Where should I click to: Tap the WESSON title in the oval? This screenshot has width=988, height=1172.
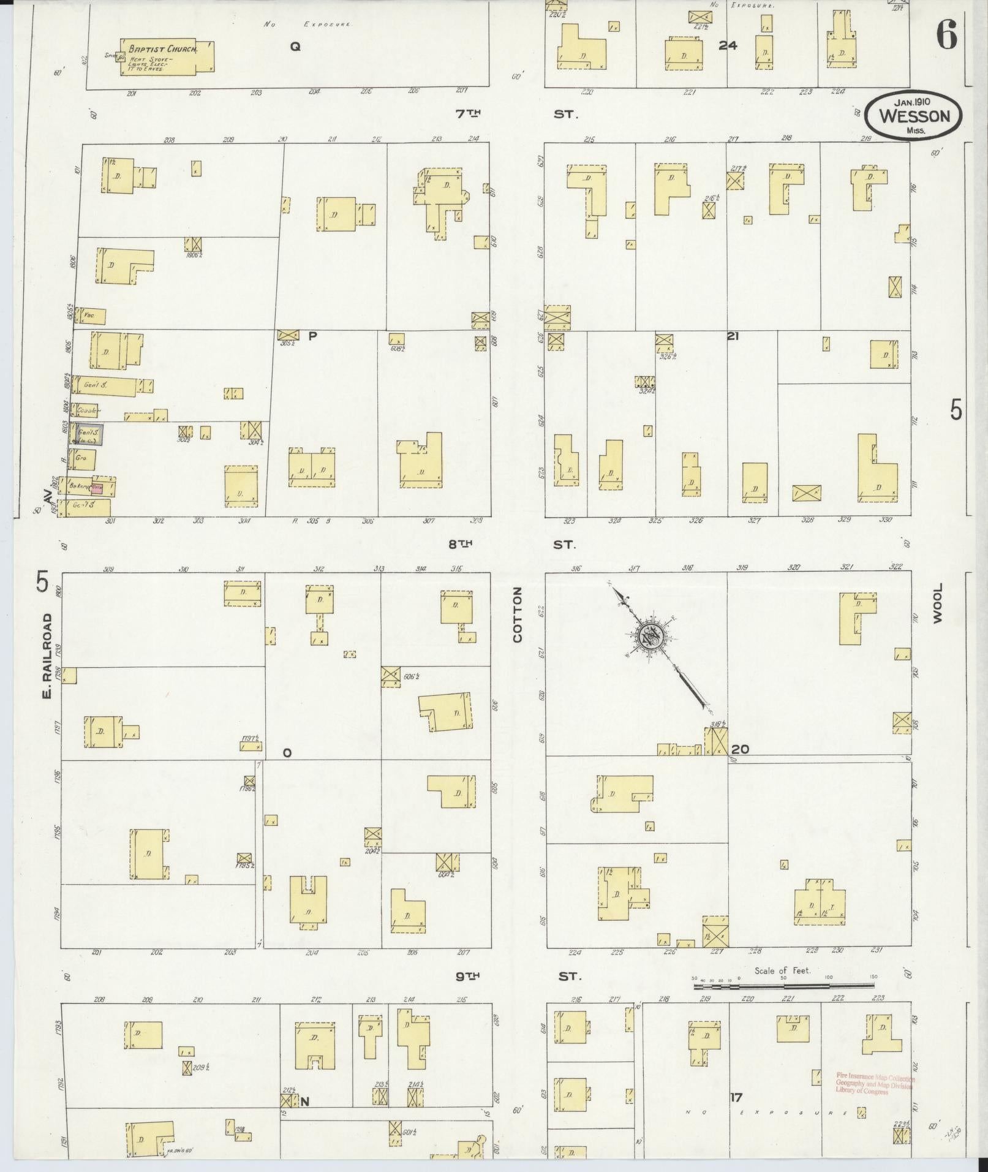tap(914, 116)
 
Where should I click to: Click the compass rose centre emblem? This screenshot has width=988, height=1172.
tap(648, 637)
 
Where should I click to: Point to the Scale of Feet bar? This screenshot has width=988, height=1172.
tap(783, 986)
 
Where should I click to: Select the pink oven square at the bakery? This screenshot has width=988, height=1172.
tap(97, 488)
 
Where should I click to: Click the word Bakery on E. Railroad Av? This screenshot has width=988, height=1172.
tap(80, 486)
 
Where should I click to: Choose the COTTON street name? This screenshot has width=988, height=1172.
tap(518, 614)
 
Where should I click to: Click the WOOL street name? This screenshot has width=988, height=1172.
tap(937, 603)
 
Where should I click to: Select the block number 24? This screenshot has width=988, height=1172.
tap(728, 45)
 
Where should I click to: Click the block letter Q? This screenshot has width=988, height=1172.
tap(295, 46)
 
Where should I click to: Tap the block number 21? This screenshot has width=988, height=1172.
tap(733, 336)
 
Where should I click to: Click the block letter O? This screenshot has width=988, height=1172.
tap(287, 753)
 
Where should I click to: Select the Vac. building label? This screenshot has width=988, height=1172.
tap(88, 316)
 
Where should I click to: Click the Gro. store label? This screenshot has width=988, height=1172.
tap(80, 458)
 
